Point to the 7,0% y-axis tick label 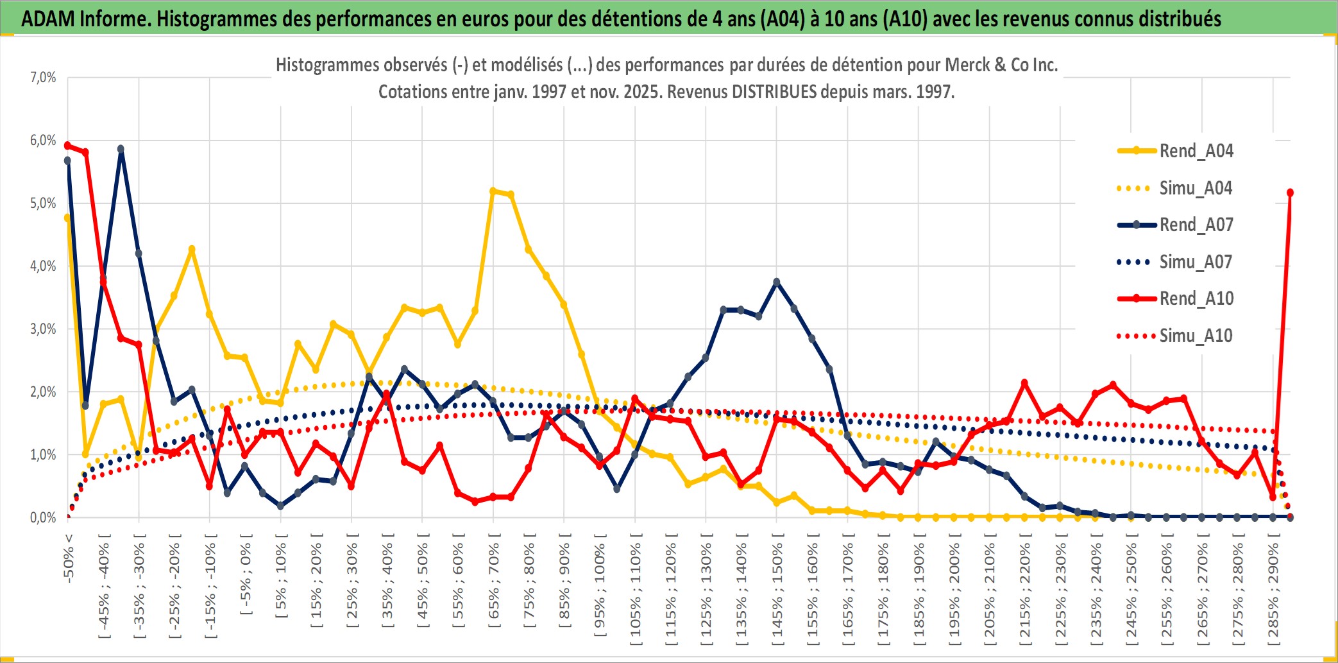coord(43,78)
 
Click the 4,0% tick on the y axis coord(43,266)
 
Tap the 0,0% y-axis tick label coord(43,518)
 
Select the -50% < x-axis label coord(69,558)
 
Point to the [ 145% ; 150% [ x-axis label coord(777,594)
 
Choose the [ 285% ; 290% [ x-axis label coord(1273,594)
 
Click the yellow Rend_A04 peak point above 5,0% coord(493,191)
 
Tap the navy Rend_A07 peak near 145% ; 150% coord(777,282)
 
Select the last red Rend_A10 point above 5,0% coord(1290,193)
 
